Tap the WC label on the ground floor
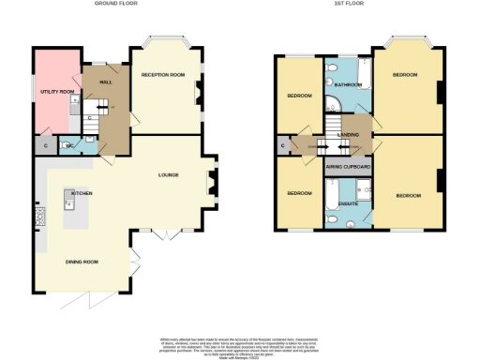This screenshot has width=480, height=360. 70,146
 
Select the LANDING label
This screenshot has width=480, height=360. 349,135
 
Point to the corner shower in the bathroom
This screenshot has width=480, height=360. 334,71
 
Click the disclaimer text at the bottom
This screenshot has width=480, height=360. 239,345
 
